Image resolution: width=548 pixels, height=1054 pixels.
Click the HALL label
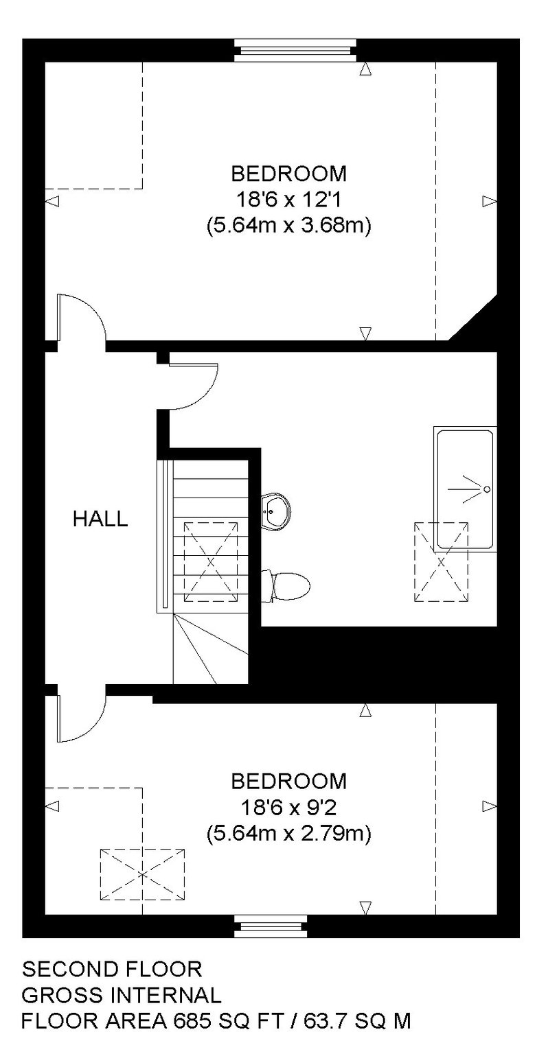point(100,519)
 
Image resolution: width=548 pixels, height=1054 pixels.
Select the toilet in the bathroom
point(286,586)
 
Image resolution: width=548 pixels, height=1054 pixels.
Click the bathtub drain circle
point(488,489)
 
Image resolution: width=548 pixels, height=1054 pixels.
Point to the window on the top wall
point(295,50)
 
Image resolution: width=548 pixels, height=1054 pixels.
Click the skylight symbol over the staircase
point(211,561)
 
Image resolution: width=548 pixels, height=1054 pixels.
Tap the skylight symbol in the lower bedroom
point(141,874)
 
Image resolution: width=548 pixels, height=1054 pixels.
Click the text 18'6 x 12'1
point(288,201)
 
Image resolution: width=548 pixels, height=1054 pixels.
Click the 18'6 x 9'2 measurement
point(288,808)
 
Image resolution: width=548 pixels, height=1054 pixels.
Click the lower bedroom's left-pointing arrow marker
point(52,806)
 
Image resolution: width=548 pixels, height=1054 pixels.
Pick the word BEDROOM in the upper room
point(288,174)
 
